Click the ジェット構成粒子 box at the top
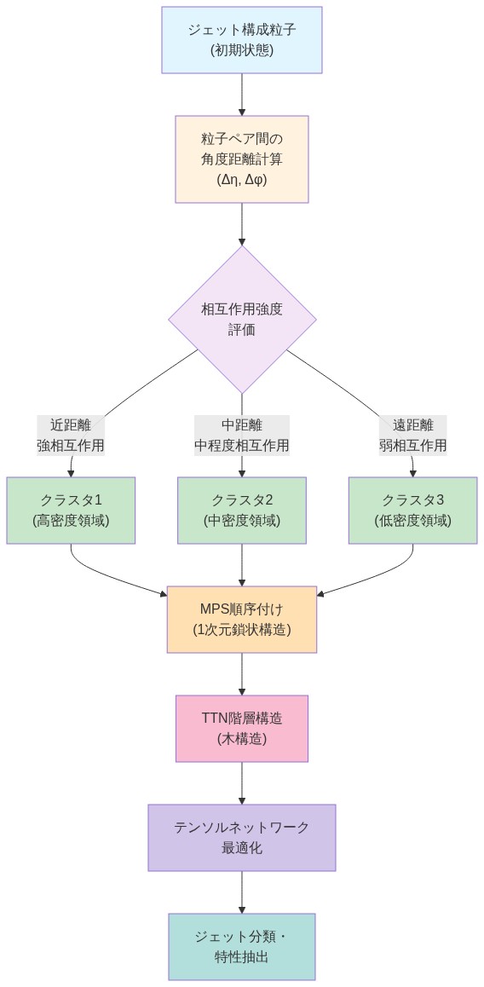click(242, 40)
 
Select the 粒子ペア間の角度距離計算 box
click(242, 159)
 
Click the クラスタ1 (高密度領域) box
click(71, 510)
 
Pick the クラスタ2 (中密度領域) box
click(242, 510)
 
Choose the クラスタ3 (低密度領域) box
click(413, 510)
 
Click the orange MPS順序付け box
click(242, 620)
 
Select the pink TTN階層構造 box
click(242, 729)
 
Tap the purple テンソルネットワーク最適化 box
click(242, 838)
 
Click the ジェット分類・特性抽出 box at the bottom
click(242, 947)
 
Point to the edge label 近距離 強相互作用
click(71, 436)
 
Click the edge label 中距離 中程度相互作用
click(242, 436)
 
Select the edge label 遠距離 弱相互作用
click(413, 436)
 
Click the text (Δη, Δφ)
click(242, 179)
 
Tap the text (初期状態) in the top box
click(242, 50)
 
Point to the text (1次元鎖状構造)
click(242, 630)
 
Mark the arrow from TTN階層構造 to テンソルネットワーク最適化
click(242, 782)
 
